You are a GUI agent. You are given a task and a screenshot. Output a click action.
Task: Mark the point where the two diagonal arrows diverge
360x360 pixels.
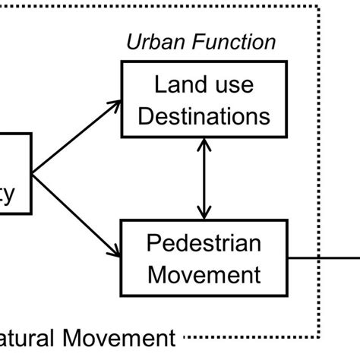tap(33, 173)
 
